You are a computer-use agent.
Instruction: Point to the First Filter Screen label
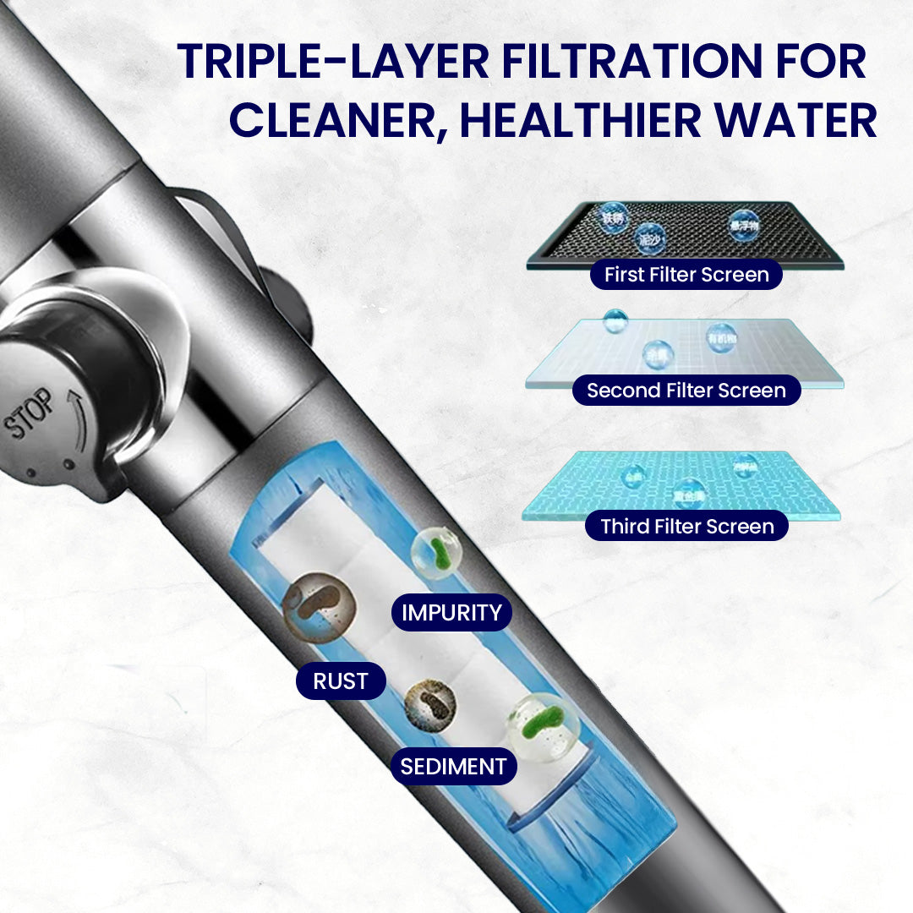(x=686, y=275)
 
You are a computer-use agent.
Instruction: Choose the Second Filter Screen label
(x=686, y=391)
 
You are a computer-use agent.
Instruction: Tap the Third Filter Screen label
(x=686, y=526)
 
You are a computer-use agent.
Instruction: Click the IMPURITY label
(x=451, y=612)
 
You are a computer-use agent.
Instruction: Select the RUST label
(x=340, y=681)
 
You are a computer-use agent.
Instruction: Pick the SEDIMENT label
(x=453, y=767)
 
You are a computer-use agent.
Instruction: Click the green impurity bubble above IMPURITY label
(x=436, y=554)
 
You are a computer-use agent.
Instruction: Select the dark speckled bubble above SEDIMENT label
(x=430, y=705)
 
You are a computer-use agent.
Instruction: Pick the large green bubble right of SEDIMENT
(x=543, y=726)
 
